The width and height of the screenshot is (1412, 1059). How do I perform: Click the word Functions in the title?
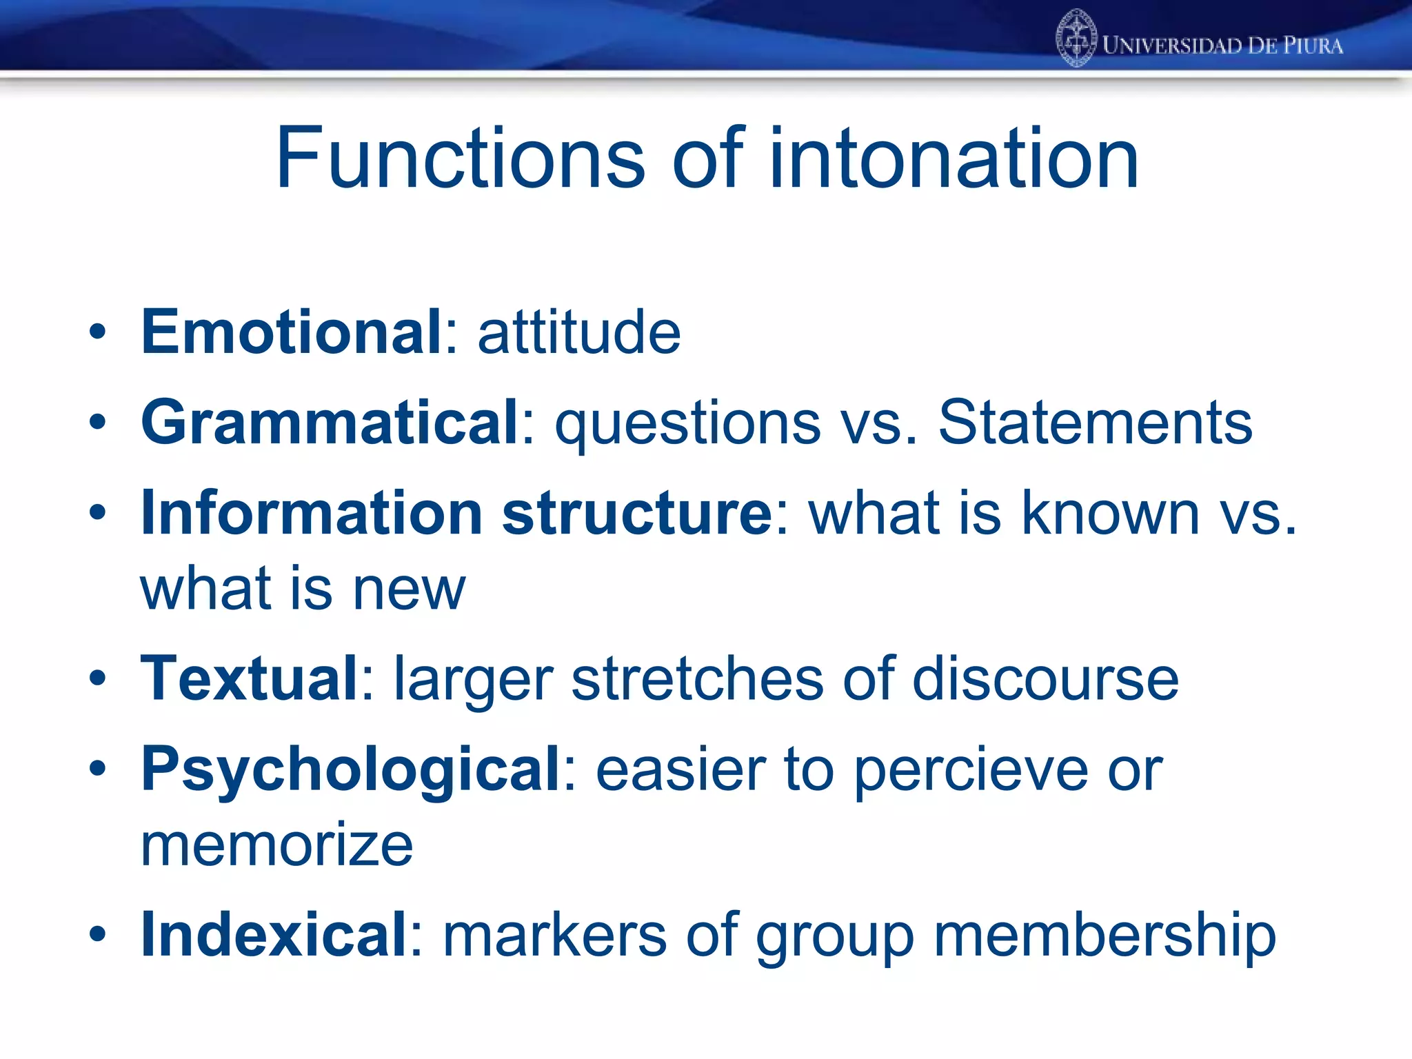[461, 159]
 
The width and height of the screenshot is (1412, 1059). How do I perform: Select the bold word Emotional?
[291, 332]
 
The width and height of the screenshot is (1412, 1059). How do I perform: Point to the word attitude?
[579, 332]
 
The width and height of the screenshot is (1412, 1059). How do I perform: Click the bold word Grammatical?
[330, 422]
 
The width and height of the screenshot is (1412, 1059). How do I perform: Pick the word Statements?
[1095, 422]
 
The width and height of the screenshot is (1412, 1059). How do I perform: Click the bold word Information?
[312, 513]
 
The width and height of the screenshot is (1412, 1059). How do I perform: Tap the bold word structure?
[637, 513]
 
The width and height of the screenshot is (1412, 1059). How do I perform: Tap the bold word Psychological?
[351, 771]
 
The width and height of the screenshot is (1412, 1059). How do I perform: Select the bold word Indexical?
[274, 935]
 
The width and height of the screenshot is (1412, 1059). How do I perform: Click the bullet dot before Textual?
[98, 678]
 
